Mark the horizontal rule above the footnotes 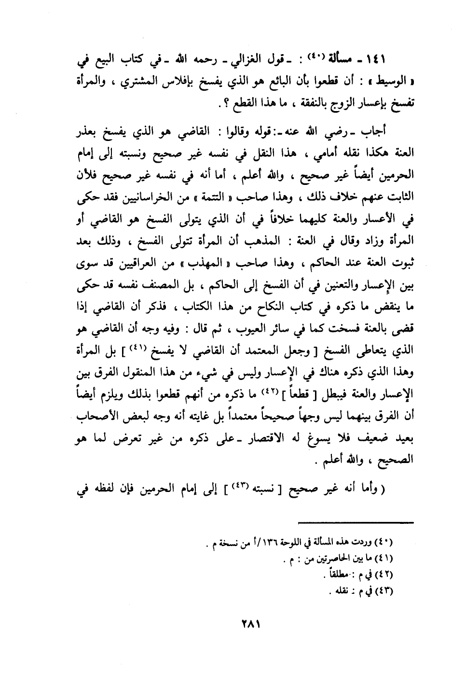click(356, 521)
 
